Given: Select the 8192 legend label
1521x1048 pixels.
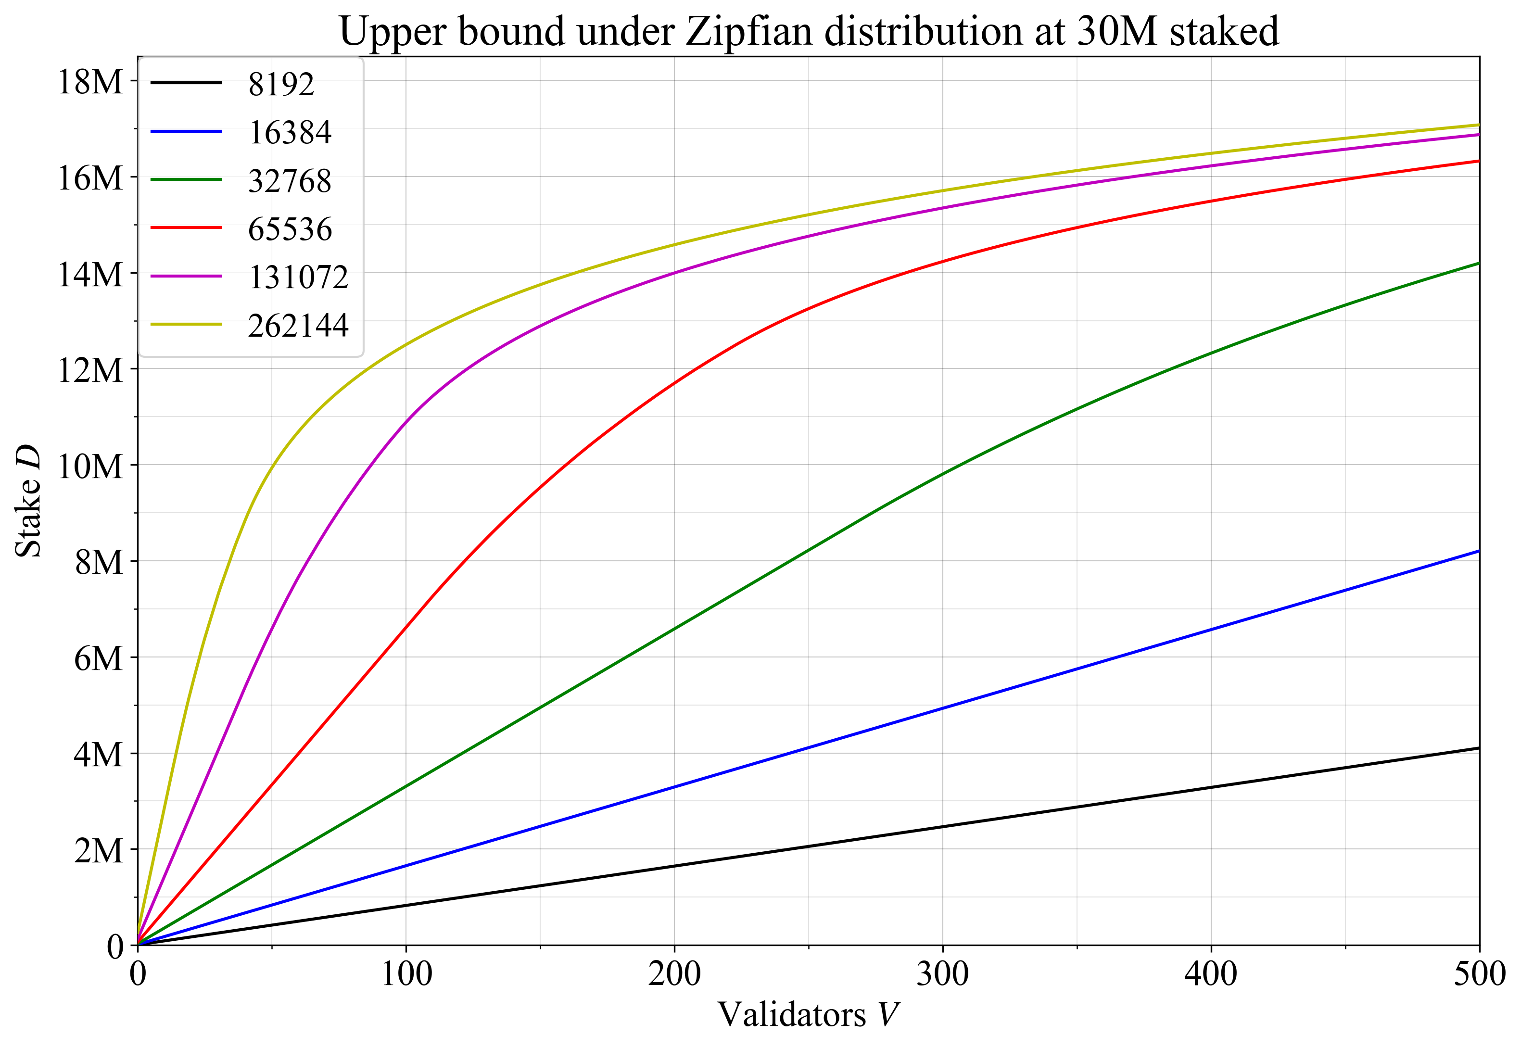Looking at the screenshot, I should (x=281, y=84).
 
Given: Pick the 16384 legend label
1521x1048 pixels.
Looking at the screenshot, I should (x=290, y=133).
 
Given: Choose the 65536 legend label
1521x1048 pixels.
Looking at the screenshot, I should (x=290, y=229).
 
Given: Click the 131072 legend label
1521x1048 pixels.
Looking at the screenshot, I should (x=298, y=277).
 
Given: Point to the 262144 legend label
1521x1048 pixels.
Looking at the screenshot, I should (x=298, y=326).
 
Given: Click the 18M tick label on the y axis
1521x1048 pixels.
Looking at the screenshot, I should (x=90, y=82).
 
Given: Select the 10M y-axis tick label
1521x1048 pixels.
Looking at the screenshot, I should (x=90, y=467).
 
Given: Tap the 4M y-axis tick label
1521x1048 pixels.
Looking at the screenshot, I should (x=98, y=755).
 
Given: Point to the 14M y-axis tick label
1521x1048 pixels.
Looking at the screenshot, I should (x=90, y=275).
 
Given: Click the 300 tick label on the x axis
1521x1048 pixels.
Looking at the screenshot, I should (x=942, y=975).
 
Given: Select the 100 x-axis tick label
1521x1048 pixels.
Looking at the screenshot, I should (x=406, y=975).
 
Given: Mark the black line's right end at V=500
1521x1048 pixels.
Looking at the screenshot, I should (x=1478, y=748).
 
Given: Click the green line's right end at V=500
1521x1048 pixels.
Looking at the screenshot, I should (x=1478, y=263).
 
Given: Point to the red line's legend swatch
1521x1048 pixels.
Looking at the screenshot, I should (x=186, y=228).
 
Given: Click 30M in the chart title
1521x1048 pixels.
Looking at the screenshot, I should (x=1116, y=32).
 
